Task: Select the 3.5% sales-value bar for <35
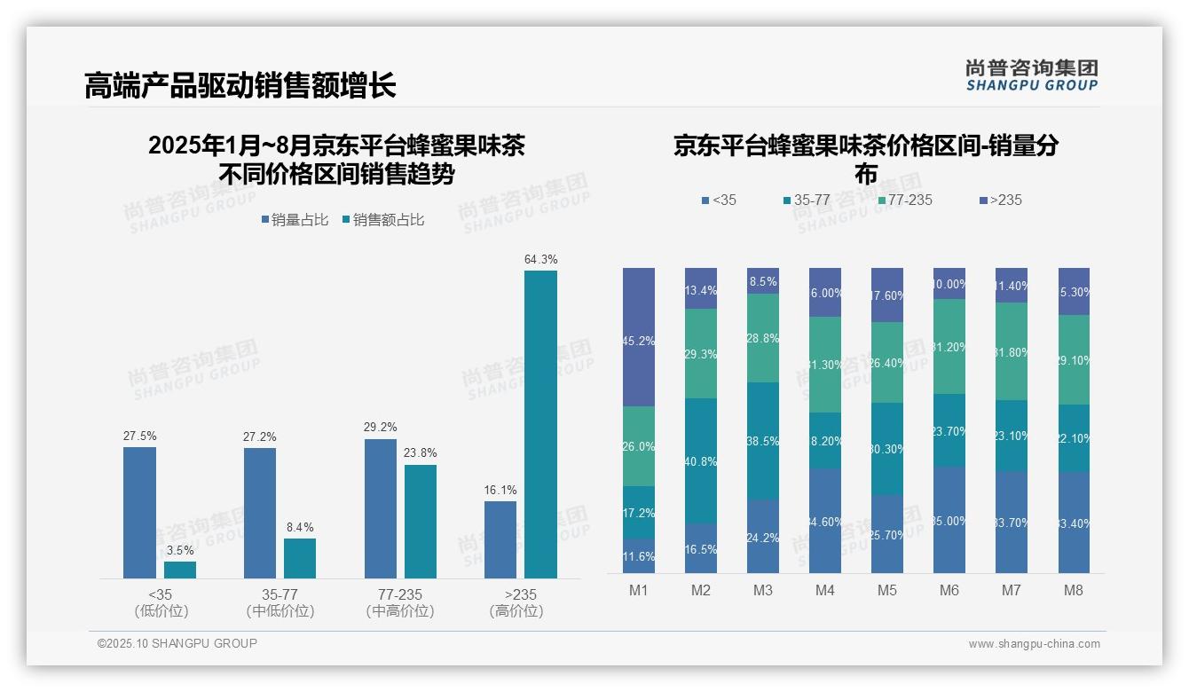click(180, 570)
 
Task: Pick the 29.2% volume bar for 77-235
click(380, 508)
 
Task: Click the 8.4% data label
click(300, 527)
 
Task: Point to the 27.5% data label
click(139, 436)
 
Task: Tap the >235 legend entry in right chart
click(1000, 201)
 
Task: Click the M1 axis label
click(639, 591)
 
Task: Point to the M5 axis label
click(887, 591)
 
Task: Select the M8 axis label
click(1074, 591)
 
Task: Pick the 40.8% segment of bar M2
click(701, 460)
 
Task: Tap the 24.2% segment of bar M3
click(763, 536)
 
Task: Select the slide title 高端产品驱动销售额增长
click(240, 86)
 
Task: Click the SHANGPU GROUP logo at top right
click(1031, 75)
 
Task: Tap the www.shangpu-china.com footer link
click(1034, 644)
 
